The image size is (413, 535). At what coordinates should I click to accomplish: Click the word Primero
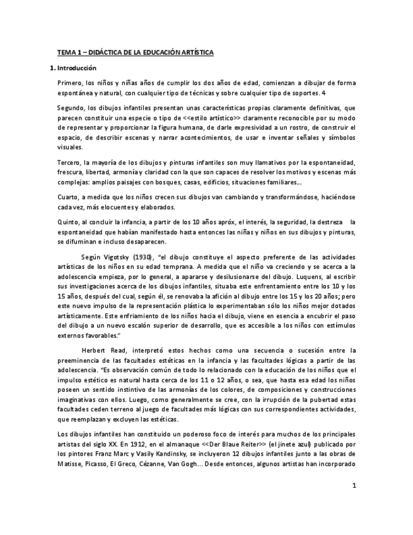pyautogui.click(x=69, y=83)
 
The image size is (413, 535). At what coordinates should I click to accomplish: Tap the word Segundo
pyautogui.click(x=71, y=107)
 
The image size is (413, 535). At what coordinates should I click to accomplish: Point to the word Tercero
pyautogui.click(x=69, y=163)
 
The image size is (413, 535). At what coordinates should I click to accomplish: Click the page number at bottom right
pyautogui.click(x=354, y=486)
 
